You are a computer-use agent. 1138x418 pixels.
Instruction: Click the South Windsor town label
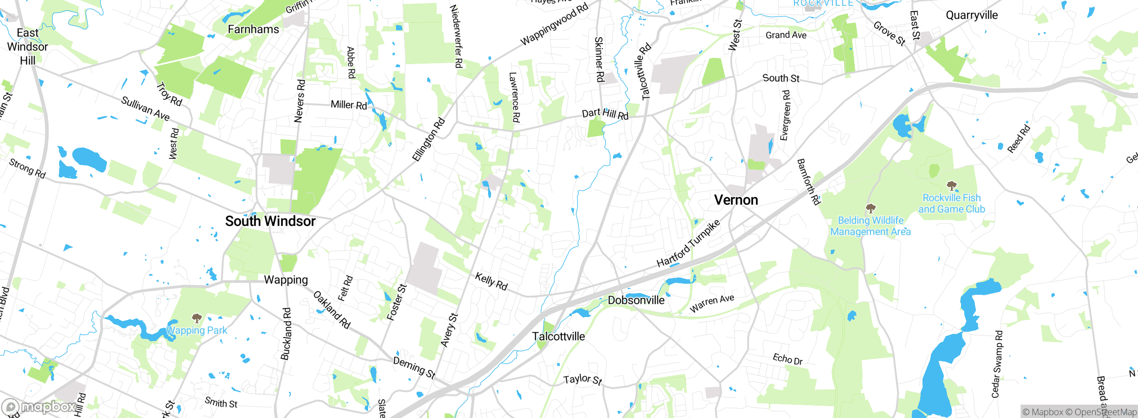click(x=270, y=221)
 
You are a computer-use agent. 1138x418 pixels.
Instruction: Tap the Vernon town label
click(x=736, y=200)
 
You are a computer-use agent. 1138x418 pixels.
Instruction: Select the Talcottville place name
click(x=558, y=336)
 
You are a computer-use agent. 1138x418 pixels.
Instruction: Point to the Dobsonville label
click(x=636, y=300)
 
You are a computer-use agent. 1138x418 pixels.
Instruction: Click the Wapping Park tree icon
click(x=196, y=318)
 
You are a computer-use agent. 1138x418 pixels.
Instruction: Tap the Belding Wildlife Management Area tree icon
click(x=870, y=208)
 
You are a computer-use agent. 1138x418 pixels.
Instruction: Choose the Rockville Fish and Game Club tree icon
click(x=951, y=185)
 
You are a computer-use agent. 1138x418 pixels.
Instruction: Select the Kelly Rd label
click(x=491, y=281)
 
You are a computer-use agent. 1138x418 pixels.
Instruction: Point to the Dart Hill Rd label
click(x=605, y=114)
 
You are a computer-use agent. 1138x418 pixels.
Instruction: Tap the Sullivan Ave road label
click(x=145, y=109)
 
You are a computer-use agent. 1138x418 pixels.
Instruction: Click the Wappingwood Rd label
click(x=554, y=24)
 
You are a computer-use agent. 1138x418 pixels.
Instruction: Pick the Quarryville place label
click(x=971, y=15)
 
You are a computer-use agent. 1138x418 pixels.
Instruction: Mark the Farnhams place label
click(x=253, y=29)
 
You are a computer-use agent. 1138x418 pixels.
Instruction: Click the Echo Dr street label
click(x=787, y=359)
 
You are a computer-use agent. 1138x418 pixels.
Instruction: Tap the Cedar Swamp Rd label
click(x=997, y=364)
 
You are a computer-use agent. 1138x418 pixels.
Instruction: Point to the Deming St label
click(x=414, y=367)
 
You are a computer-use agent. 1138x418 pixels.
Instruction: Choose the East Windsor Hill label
click(x=28, y=46)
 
